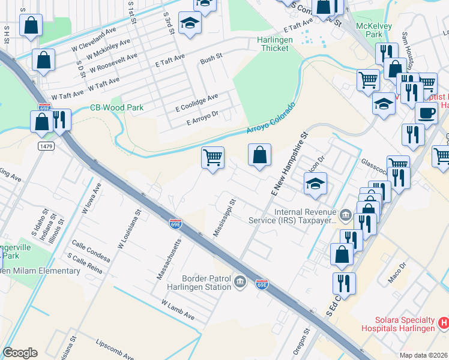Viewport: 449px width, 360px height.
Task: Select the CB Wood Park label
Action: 117,107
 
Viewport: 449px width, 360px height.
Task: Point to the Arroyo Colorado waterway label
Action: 271,120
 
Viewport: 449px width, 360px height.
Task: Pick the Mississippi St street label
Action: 223,218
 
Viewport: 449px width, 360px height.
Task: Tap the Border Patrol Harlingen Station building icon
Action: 240,281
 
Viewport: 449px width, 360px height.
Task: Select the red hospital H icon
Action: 444,323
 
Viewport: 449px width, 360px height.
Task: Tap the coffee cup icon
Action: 426,113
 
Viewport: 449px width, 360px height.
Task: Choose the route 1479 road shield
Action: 44,146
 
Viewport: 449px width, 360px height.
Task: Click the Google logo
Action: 20,353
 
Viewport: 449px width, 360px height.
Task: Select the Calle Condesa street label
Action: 91,250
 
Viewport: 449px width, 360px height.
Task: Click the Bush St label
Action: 211,58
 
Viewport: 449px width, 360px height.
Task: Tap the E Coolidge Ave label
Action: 197,101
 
